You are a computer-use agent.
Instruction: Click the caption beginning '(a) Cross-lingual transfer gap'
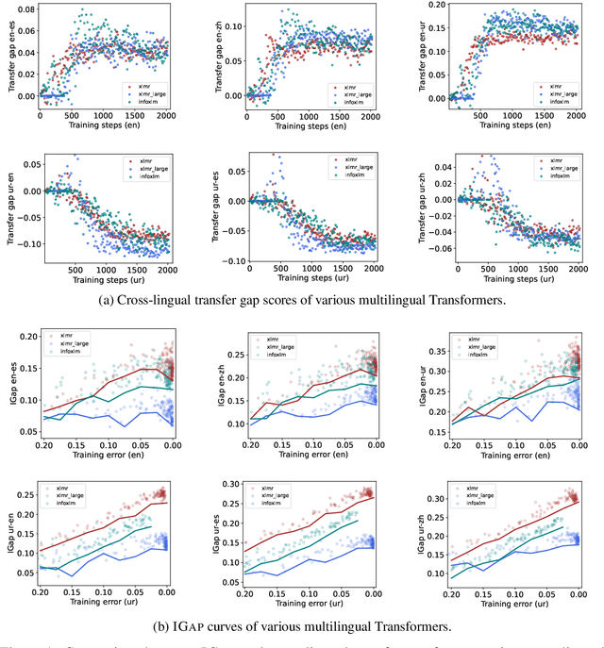pos(300,302)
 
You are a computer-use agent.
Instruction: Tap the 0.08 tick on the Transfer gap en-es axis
pos(26,8)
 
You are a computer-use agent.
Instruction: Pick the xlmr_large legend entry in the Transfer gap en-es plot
pos(151,92)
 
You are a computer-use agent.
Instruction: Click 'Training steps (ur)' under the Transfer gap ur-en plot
pos(101,280)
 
